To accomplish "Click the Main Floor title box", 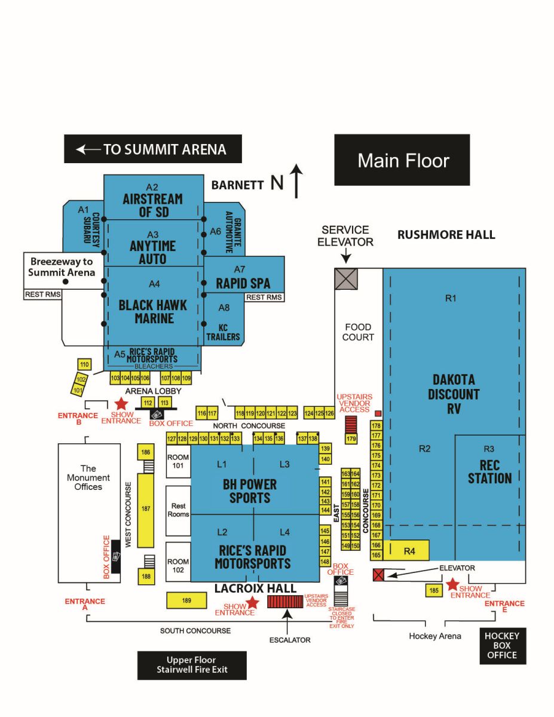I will [402, 160].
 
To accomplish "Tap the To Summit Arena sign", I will [153, 149].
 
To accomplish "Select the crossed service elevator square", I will [346, 279].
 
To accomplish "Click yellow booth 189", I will [186, 600].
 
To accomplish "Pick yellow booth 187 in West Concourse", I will [145, 510].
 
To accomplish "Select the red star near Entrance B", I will [121, 404].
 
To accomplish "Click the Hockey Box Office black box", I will [502, 646].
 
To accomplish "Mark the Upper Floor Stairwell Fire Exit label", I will [192, 665].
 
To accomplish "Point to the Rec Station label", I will [489, 472].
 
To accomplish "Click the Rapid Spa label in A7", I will [243, 283].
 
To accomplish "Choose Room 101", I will [177, 462].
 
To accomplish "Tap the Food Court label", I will [358, 332].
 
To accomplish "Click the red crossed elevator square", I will [378, 575].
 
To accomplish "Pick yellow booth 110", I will [84, 364].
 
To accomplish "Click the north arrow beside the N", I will [297, 182].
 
